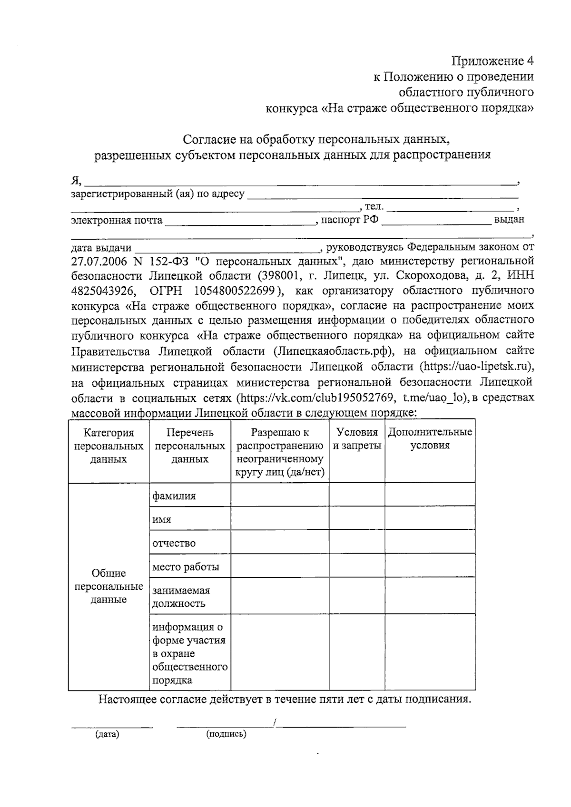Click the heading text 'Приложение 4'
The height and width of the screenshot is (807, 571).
tap(492, 61)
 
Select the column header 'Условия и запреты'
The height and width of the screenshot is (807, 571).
tap(356, 439)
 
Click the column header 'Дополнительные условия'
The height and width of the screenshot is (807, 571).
tap(430, 439)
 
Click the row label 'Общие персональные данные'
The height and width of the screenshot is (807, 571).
tap(108, 586)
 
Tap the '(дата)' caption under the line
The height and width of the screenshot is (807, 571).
tap(107, 734)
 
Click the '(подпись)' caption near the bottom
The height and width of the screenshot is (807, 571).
tap(226, 734)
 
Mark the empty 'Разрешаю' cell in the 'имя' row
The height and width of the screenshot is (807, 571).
tap(279, 518)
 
